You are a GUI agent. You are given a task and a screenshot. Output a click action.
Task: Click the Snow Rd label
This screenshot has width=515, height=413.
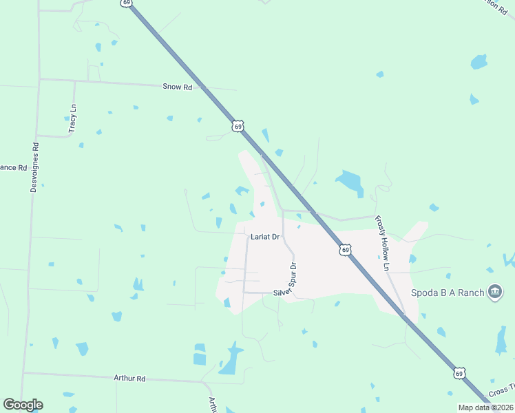(x=178, y=87)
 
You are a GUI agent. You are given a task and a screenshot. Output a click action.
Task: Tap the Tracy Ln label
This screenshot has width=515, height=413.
(x=73, y=118)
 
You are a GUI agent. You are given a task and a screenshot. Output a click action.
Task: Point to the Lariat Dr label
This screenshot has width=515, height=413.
(x=265, y=237)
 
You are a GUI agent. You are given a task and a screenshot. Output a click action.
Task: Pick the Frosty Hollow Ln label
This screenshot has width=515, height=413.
(x=381, y=243)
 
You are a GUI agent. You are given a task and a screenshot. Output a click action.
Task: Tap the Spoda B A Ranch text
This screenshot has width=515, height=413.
(x=448, y=293)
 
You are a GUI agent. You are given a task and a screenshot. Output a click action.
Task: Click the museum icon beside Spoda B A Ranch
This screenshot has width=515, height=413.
(x=494, y=293)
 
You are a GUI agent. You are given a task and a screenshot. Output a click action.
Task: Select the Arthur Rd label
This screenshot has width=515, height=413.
(x=130, y=379)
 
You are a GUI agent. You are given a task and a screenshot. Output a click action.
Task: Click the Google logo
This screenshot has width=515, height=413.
(x=23, y=405)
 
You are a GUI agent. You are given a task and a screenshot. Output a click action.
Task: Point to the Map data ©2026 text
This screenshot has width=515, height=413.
(x=485, y=407)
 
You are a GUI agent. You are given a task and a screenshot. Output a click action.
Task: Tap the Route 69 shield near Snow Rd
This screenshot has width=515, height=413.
(x=238, y=127)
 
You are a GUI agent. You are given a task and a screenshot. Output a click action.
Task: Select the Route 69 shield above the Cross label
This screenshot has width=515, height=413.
(x=459, y=373)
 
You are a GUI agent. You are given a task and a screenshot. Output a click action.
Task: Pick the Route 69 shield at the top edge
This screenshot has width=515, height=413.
(x=125, y=3)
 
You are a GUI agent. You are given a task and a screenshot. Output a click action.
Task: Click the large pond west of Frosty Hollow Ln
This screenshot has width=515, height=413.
(x=350, y=182)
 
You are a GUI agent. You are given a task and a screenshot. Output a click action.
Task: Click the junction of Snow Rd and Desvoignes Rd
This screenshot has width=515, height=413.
(x=39, y=79)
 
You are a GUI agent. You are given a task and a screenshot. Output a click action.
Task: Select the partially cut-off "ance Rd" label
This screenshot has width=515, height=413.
(x=13, y=168)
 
